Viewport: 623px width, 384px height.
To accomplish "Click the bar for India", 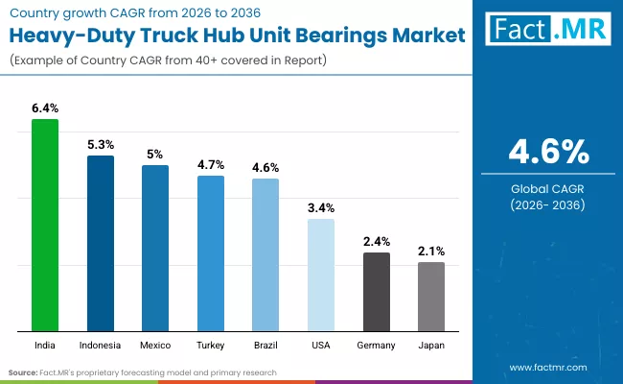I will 45,225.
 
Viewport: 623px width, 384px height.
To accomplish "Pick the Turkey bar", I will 211,253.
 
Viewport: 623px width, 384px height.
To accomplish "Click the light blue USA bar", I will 321,275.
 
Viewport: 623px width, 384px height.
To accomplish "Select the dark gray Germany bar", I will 377,292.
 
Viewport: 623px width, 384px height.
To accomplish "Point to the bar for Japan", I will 431,297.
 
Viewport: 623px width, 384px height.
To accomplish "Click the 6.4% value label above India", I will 45,109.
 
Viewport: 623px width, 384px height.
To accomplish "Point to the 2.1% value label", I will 431,252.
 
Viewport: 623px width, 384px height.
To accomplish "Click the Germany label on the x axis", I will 377,343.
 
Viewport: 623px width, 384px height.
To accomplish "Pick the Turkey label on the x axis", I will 211,343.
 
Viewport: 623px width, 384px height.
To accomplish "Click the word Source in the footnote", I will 21,372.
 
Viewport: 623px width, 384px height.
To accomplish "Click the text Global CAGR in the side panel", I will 547,189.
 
